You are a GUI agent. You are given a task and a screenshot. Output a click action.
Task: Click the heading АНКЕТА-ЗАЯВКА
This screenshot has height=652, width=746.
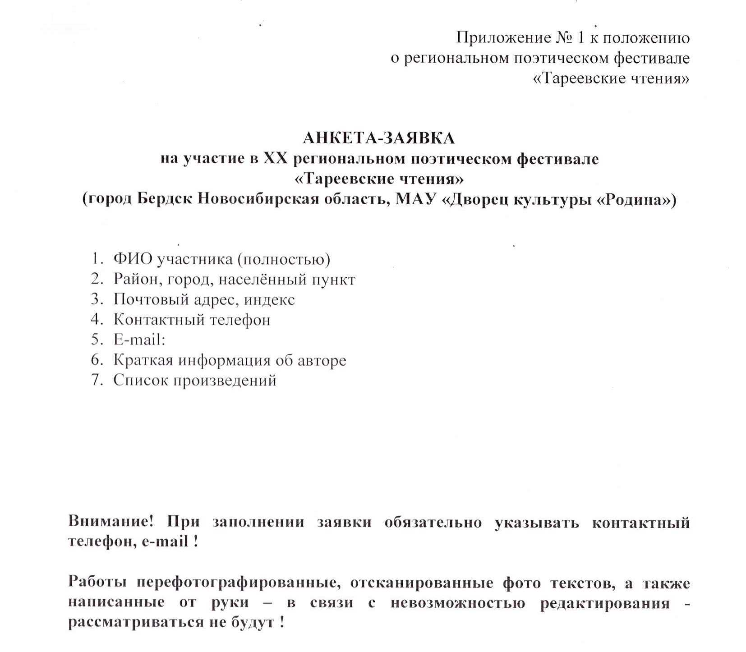[378, 138]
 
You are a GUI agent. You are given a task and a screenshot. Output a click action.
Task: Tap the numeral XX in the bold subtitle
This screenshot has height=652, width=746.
[275, 159]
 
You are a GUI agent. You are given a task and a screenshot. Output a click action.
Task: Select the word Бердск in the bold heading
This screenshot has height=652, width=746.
[165, 199]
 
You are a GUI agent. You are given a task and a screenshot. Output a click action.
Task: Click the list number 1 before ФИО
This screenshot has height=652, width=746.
[96, 259]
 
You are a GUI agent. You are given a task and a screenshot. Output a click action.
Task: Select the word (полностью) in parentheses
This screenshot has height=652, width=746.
[284, 259]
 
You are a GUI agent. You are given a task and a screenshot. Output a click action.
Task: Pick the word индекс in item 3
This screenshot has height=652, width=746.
[270, 300]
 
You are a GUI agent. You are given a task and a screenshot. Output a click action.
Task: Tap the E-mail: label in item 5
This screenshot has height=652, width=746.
[139, 340]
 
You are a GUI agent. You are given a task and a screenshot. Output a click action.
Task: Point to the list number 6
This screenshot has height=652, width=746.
[96, 360]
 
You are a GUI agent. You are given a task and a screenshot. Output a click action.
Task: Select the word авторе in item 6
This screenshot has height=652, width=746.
[322, 360]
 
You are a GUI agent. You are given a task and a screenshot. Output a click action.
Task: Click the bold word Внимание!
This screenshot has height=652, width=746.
[111, 522]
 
